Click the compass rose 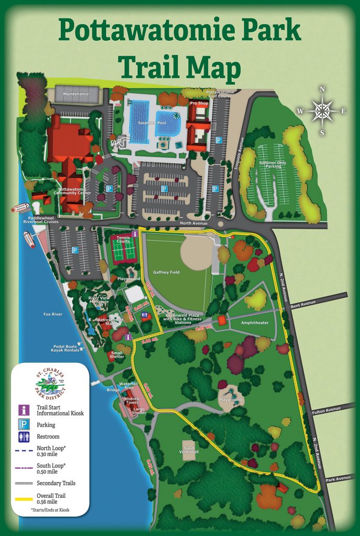pos(322,110)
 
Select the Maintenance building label pos(76,94)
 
